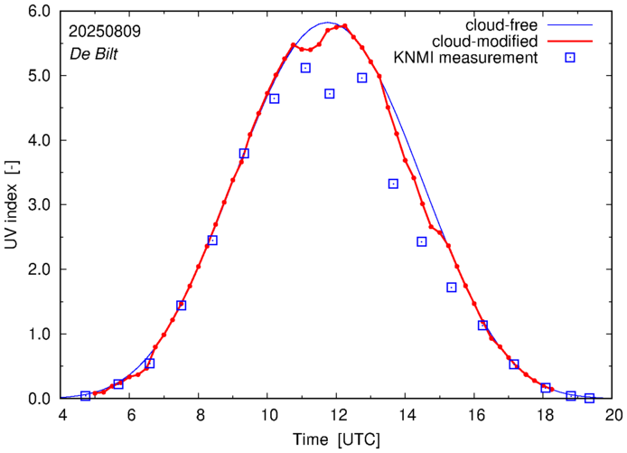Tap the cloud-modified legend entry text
pyautogui.click(x=486, y=42)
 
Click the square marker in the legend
pyautogui.click(x=570, y=59)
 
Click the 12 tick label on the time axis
pyautogui.click(x=338, y=416)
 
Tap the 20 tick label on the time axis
pyautogui.click(x=614, y=416)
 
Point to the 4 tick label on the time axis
pyautogui.click(x=61, y=416)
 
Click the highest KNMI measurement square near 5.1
pyautogui.click(x=306, y=68)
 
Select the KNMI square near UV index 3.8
pyautogui.click(x=244, y=154)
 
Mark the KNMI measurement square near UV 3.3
pyautogui.click(x=393, y=184)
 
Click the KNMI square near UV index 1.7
pyautogui.click(x=451, y=288)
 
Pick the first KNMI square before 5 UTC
pyautogui.click(x=85, y=396)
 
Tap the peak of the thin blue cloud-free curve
pyautogui.click(x=327, y=23)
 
